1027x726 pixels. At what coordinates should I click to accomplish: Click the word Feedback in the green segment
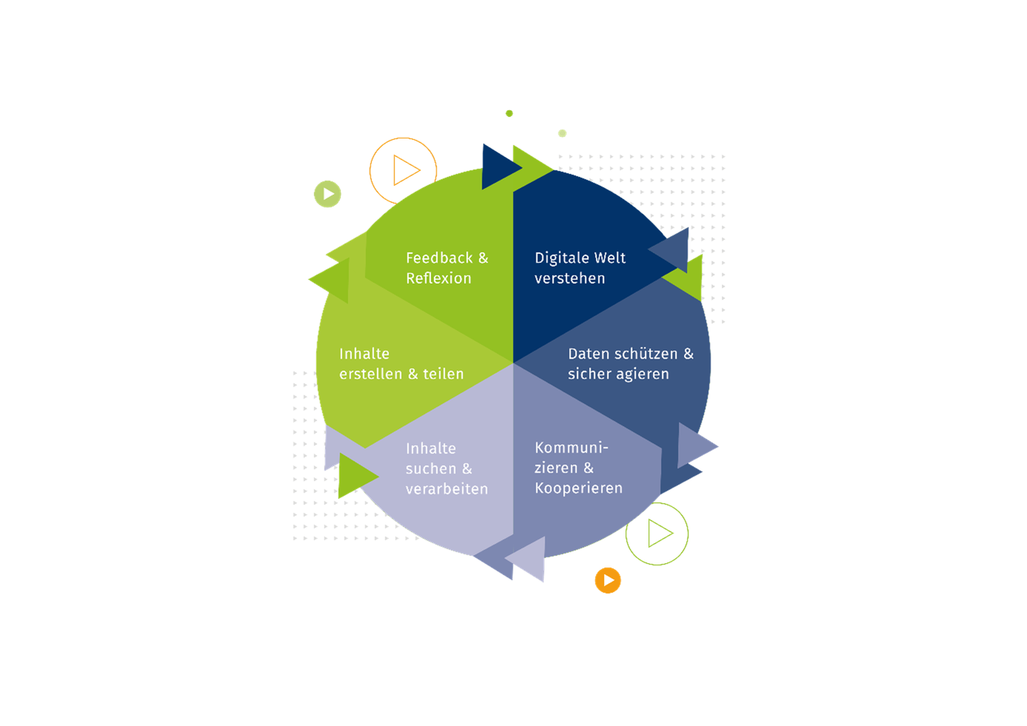point(439,258)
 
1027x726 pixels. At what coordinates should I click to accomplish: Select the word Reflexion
point(439,279)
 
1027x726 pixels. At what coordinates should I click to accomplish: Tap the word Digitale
point(561,259)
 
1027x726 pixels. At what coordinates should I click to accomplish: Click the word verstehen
point(569,279)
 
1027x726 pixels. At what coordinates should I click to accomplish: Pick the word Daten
point(588,354)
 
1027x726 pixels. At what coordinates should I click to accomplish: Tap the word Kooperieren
point(579,488)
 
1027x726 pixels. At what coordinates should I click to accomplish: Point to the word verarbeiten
point(447,489)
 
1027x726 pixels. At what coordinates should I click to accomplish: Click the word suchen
point(431,469)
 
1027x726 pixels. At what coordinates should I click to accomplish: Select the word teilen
point(443,374)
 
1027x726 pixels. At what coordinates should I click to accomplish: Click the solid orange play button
point(608,580)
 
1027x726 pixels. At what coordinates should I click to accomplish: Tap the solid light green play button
point(328,194)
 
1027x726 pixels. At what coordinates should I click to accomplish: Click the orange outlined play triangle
point(405,170)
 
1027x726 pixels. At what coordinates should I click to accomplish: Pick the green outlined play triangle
point(659,533)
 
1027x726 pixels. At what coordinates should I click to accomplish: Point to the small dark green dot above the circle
point(509,113)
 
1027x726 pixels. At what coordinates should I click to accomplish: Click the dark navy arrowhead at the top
point(499,167)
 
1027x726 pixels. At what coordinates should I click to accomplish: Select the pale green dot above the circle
point(562,133)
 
